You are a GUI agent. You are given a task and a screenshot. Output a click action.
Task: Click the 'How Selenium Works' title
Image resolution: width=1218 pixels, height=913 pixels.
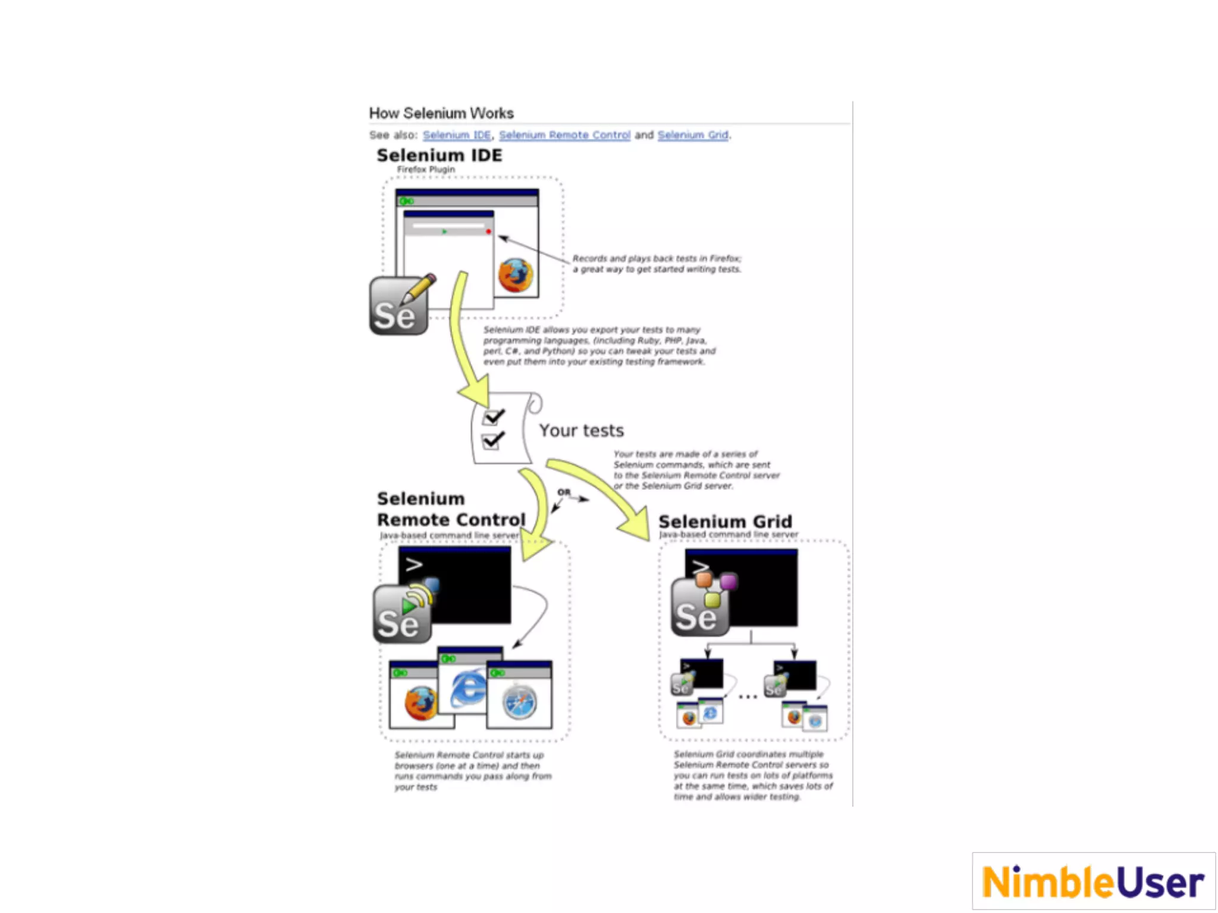click(441, 113)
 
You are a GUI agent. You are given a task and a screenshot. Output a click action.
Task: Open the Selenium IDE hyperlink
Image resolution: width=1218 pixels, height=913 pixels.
click(456, 135)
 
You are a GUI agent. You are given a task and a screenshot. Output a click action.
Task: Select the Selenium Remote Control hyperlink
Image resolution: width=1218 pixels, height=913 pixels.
click(564, 135)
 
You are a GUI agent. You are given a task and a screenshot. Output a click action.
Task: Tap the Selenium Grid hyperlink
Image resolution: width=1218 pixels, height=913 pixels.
click(692, 135)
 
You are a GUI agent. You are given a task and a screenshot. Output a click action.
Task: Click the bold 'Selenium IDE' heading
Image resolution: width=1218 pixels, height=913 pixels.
click(439, 155)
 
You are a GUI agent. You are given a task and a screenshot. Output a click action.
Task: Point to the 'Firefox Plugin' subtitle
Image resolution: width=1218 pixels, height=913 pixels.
click(425, 169)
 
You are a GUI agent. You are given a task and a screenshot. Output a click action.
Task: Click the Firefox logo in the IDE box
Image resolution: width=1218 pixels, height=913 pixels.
click(515, 275)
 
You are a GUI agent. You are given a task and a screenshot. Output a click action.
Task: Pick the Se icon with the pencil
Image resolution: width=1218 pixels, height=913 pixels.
click(400, 306)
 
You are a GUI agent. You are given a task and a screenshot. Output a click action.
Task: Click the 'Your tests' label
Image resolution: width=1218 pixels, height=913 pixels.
click(581, 430)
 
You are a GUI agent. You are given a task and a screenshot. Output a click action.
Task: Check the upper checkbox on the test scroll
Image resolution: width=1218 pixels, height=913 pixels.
click(492, 417)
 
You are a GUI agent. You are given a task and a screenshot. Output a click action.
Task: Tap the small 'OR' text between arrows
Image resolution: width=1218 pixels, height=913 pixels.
click(564, 492)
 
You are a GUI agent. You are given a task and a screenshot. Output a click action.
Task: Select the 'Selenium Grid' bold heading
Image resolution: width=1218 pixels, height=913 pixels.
click(724, 521)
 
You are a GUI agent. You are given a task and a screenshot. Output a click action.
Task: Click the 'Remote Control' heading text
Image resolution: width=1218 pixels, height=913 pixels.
click(451, 520)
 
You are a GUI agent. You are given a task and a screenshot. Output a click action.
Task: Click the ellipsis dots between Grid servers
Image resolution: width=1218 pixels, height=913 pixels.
click(748, 696)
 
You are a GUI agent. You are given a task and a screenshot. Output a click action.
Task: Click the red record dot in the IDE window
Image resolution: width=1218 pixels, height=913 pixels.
click(488, 231)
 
